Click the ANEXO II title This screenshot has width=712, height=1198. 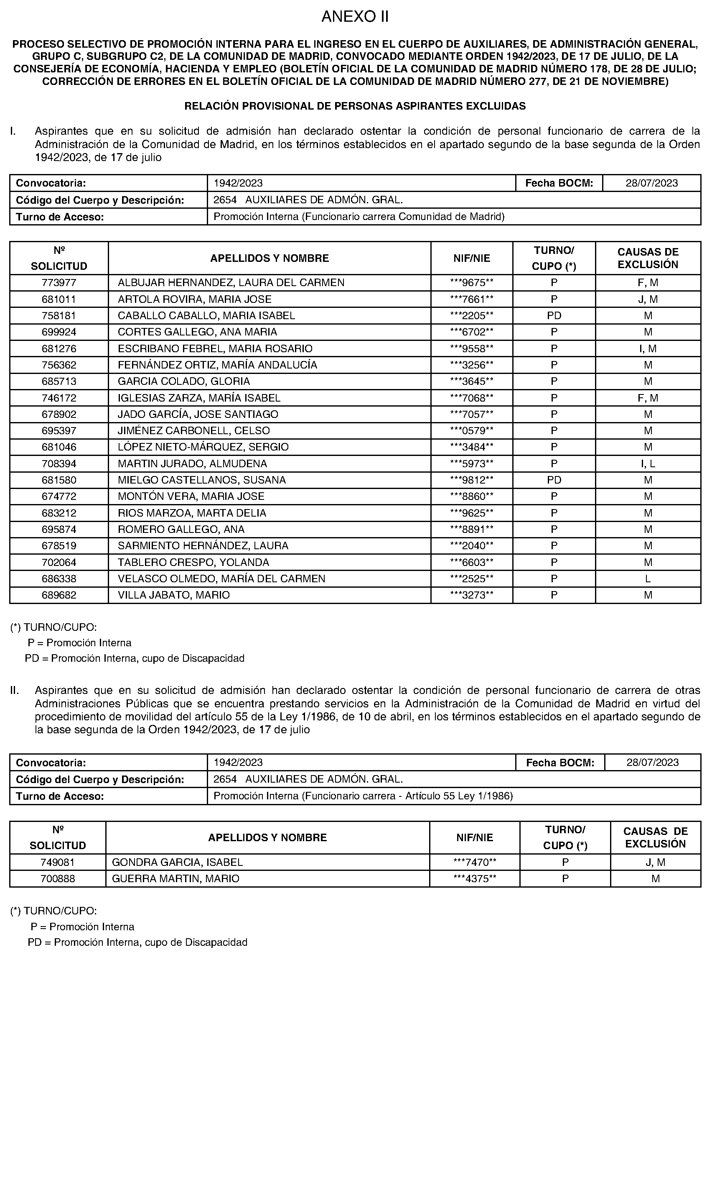(x=355, y=17)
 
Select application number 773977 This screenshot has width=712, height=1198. (x=58, y=283)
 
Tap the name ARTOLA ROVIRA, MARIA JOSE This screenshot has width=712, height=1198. (x=194, y=299)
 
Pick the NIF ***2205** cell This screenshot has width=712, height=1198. (x=472, y=315)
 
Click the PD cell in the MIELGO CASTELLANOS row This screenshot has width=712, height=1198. (x=554, y=480)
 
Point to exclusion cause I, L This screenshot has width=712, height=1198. (x=648, y=463)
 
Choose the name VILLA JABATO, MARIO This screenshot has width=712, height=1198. (x=174, y=595)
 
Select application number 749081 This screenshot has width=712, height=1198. (x=58, y=862)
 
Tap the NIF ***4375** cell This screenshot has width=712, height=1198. (x=475, y=878)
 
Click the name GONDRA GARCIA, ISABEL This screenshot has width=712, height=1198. (x=177, y=862)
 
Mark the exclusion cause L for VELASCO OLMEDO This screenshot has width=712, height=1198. (x=648, y=579)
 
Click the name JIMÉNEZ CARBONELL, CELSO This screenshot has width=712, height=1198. (x=194, y=431)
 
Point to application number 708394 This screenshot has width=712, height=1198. (x=58, y=463)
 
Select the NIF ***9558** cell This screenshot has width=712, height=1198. (x=472, y=348)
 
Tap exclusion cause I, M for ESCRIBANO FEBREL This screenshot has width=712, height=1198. (x=648, y=348)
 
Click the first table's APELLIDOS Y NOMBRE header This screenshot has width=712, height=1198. (x=269, y=259)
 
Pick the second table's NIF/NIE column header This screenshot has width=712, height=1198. (x=475, y=837)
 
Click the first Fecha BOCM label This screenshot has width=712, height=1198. (x=559, y=183)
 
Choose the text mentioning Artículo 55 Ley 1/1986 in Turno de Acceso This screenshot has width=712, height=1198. (x=363, y=796)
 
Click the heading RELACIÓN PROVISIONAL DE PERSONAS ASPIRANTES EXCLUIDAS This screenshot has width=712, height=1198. (x=355, y=106)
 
